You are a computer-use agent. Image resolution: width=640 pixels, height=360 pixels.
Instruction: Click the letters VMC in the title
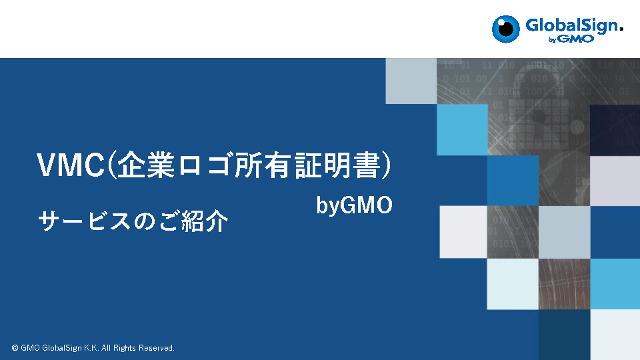[x=71, y=165]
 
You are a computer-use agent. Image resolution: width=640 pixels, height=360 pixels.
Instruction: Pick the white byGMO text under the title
[x=354, y=205]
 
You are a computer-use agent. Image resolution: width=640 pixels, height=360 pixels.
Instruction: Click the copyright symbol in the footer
[x=15, y=348]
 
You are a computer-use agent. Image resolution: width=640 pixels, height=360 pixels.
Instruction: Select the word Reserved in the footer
[x=156, y=348]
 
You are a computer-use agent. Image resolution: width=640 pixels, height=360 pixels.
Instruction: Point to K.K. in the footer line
[x=91, y=348]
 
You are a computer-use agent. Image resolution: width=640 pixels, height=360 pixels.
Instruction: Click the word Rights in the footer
[x=125, y=348]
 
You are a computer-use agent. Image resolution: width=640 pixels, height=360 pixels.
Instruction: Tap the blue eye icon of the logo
[x=506, y=29]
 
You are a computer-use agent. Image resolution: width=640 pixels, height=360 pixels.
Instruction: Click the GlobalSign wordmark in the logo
[x=573, y=25]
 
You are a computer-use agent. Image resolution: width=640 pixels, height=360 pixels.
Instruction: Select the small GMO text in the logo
[x=576, y=39]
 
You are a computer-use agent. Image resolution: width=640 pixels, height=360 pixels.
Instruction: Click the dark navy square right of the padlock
[x=615, y=130]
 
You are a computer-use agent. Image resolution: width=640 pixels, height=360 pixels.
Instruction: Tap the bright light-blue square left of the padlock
[x=462, y=130]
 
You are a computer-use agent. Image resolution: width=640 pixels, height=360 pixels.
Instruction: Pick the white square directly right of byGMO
[x=463, y=232]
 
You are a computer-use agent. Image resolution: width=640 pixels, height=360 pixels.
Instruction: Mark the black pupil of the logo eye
[x=507, y=29]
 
